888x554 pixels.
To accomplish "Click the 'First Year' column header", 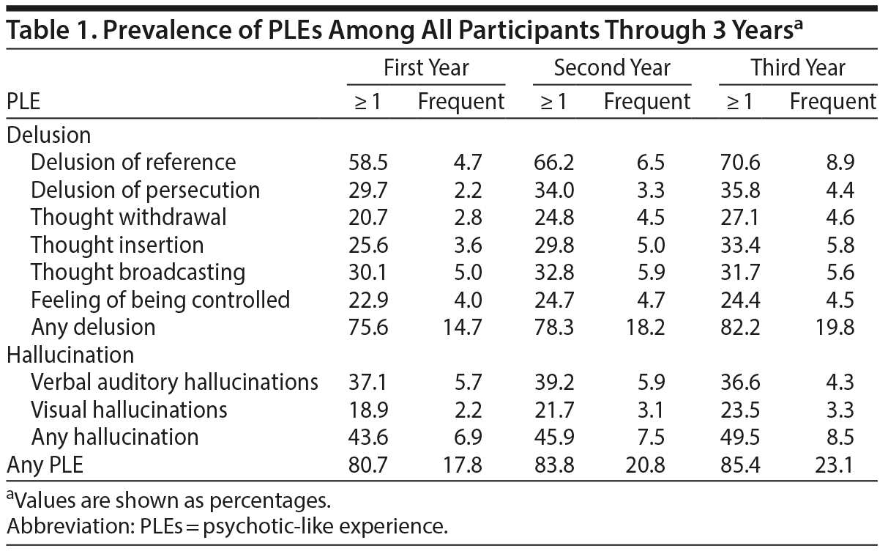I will pyautogui.click(x=426, y=69).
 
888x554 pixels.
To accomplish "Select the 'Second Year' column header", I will pyautogui.click(x=612, y=69).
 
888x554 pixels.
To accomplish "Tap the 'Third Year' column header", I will pyautogui.click(x=798, y=69).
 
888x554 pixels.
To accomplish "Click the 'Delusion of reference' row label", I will pyautogui.click(x=133, y=162).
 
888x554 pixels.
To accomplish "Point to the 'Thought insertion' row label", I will pyautogui.click(x=117, y=245).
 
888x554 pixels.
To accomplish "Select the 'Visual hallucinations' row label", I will pyautogui.click(x=129, y=410).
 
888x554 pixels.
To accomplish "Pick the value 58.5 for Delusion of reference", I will pyautogui.click(x=363, y=162).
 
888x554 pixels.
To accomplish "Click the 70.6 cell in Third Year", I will pyautogui.click(x=735, y=162).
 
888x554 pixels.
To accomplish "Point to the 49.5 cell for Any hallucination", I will pyautogui.click(x=735, y=437).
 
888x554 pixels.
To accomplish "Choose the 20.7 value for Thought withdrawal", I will pyautogui.click(x=363, y=217).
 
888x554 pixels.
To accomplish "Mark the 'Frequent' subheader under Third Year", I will pyautogui.click(x=832, y=102).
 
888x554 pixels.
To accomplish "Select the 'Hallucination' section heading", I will pyautogui.click(x=70, y=355).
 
